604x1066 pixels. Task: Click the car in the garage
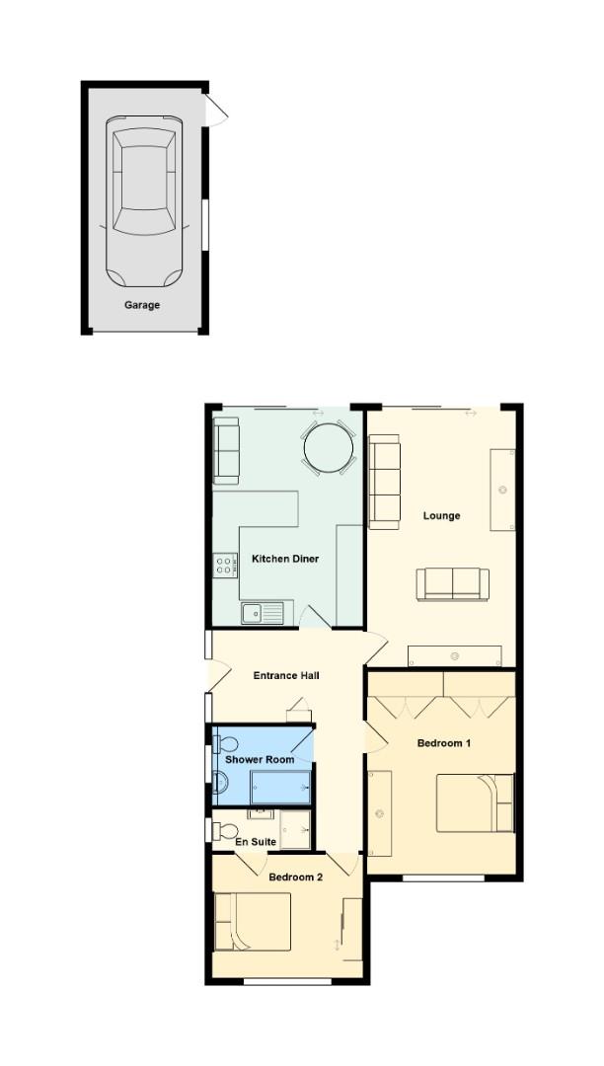144,202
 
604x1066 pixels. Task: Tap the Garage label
142,306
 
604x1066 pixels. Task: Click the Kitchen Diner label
285,560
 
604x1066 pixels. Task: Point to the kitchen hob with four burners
225,565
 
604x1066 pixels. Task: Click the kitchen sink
262,613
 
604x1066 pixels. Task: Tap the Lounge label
441,516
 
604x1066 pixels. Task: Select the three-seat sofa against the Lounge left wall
386,483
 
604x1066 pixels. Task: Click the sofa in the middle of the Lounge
452,584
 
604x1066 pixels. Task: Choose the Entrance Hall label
286,676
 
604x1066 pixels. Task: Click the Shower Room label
260,760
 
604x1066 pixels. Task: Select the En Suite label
256,843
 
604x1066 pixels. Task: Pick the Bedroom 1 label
443,743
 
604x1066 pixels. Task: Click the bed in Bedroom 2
253,922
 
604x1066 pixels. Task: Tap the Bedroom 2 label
296,877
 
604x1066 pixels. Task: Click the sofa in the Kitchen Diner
227,450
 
